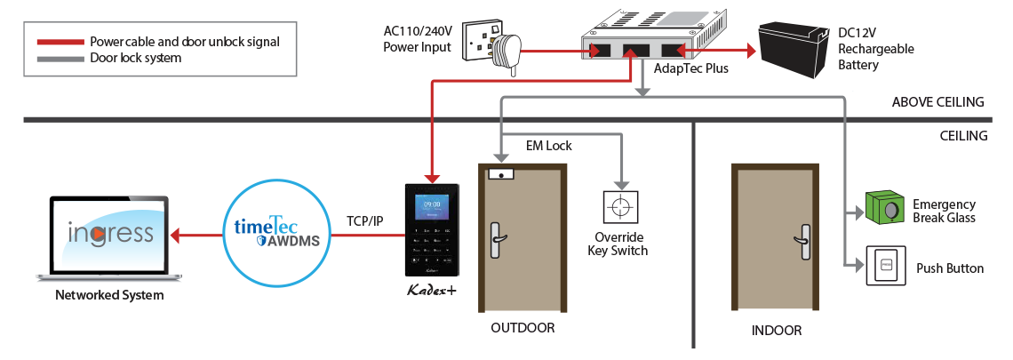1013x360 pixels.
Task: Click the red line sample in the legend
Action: pyautogui.click(x=60, y=42)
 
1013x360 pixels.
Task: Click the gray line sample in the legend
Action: pyautogui.click(x=60, y=57)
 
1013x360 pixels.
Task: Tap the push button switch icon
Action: pyautogui.click(x=885, y=264)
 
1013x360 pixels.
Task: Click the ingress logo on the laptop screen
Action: pyautogui.click(x=110, y=234)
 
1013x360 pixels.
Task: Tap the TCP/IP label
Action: pyautogui.click(x=366, y=220)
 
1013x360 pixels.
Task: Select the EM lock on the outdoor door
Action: pyautogui.click(x=503, y=174)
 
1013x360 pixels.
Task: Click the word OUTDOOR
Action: pyautogui.click(x=522, y=328)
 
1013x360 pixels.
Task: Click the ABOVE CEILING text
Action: pyautogui.click(x=938, y=102)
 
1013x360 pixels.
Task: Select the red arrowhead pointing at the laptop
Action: pyautogui.click(x=175, y=236)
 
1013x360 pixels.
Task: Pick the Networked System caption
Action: pyautogui.click(x=109, y=295)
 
